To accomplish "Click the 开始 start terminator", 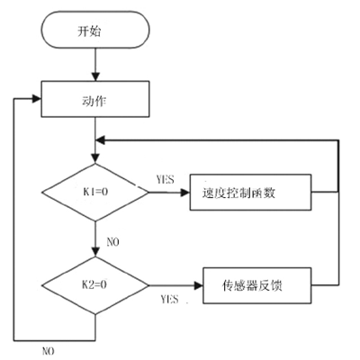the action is coord(95,30).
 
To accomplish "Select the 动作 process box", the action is coord(95,99).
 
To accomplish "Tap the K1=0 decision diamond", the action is coord(95,193).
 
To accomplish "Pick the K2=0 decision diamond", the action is coord(95,285).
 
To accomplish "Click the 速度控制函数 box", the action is coord(250,193).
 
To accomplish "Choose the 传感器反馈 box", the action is coord(257,285).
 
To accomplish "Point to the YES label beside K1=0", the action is coord(165,179).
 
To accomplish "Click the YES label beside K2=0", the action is coord(169,299).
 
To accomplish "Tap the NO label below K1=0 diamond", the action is coord(112,242).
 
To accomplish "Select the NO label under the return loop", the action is coord(49,351).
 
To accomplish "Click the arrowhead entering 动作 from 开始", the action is coord(95,76).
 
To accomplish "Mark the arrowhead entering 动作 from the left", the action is coord(37,99).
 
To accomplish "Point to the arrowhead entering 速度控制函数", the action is coord(185,193).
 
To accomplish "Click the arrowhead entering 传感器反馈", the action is coord(199,285).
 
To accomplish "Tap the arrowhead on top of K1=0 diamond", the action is coord(95,159).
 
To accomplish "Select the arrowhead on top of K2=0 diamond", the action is coord(95,252).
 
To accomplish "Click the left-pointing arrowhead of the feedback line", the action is coord(100,139).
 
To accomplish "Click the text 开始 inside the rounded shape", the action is coord(89,31).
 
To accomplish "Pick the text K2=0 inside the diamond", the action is coord(94,284).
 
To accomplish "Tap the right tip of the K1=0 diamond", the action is coord(148,193).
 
